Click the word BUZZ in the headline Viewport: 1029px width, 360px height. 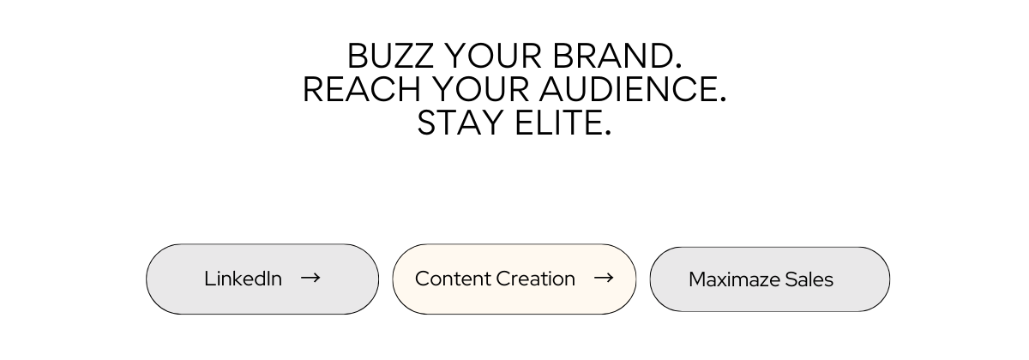tap(390, 56)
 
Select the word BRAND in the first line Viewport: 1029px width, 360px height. tap(611, 56)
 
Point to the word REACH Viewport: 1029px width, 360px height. tap(362, 89)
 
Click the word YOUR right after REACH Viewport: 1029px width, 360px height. tap(480, 89)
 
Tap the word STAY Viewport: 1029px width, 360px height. tap(460, 123)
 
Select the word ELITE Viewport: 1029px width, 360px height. tap(557, 123)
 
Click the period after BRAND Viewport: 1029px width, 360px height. tap(677, 66)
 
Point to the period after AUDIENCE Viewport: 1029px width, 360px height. tap(723, 99)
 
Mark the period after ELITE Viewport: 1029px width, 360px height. tap(608, 133)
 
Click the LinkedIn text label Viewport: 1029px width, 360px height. tap(243, 279)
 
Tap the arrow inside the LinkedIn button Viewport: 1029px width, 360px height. tap(310, 278)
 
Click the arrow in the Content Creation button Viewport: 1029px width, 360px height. tap(604, 278)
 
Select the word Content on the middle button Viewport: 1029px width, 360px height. tap(453, 279)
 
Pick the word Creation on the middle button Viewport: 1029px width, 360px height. tap(536, 279)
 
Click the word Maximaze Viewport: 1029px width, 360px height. tap(734, 279)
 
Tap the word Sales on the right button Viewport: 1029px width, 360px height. tap(809, 279)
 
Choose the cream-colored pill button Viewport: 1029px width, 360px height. tap(514, 279)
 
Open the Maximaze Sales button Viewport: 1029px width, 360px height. tap(769, 279)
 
